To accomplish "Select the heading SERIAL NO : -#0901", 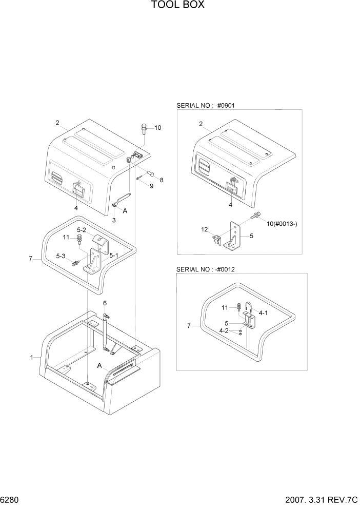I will (205, 105).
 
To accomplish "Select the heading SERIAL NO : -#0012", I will (205, 269).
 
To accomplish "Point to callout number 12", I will (205, 229).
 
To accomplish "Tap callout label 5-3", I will (61, 256).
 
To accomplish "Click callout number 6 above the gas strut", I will (105, 303).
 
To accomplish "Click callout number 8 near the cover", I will (162, 180).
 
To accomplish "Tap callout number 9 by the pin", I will (151, 186).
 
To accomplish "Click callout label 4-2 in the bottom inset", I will (224, 331).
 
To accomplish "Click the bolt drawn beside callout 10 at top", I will (144, 127).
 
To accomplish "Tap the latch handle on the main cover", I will (78, 190).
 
